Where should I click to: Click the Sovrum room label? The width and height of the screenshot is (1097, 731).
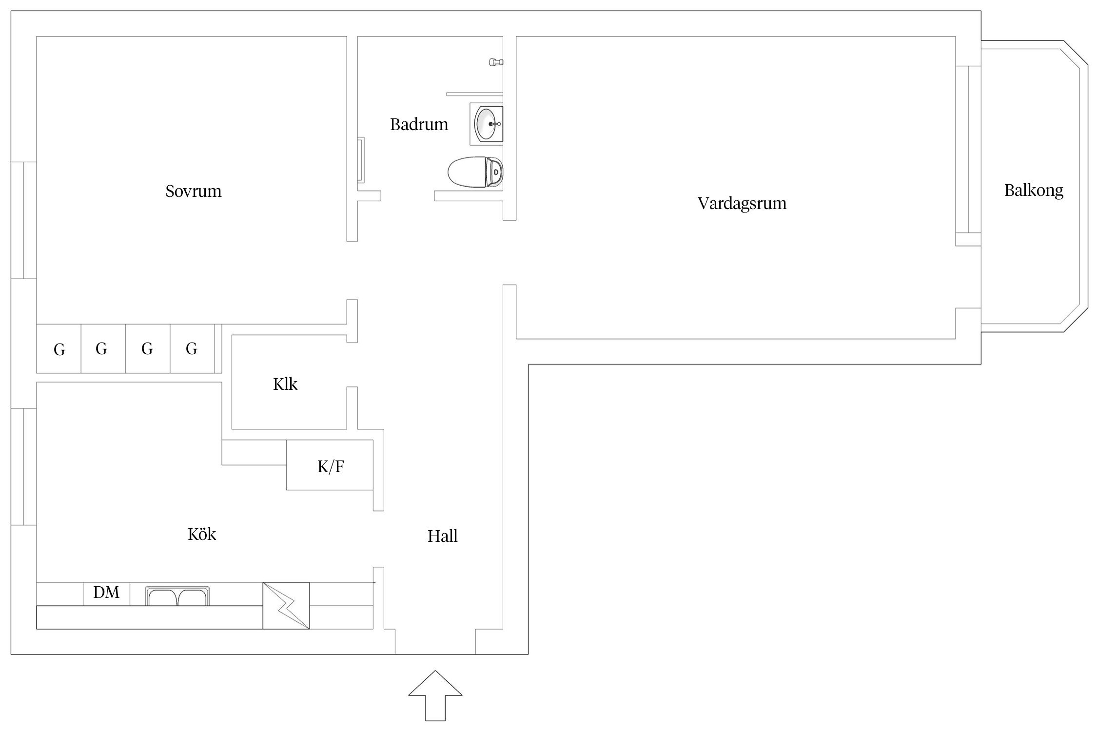193,191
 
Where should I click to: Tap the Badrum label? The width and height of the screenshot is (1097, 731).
419,125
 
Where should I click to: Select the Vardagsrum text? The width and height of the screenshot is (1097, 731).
742,203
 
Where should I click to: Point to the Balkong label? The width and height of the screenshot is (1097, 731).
1034,190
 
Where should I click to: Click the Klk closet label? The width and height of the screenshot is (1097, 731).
285,385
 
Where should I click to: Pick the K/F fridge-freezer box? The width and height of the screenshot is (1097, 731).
330,465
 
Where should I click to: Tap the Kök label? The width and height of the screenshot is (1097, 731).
201,535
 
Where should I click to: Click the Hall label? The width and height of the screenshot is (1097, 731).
442,537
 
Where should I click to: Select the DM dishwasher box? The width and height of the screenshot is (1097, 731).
106,593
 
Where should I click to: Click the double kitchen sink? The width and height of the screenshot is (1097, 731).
177,596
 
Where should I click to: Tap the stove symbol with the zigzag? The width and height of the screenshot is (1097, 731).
286,606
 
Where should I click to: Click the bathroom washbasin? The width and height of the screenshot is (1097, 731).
487,124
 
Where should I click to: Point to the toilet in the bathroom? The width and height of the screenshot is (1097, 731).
475,172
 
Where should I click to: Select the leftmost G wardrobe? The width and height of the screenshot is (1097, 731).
59,349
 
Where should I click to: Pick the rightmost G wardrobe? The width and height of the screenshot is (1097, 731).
192,349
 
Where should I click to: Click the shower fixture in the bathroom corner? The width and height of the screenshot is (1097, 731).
496,62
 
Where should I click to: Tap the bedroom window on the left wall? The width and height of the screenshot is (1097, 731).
23,220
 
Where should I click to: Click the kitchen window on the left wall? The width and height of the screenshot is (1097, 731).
23,466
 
